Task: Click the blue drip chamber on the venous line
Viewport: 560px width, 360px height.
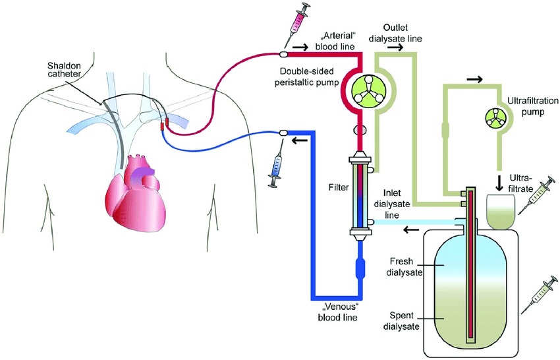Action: (x=361, y=270)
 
